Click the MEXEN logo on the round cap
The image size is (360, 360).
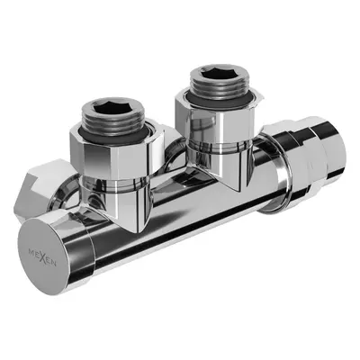42,256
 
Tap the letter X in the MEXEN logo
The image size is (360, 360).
43,256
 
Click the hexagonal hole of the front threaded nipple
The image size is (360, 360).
112,108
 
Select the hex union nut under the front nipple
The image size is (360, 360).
117,156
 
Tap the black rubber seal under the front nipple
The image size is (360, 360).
113,137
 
